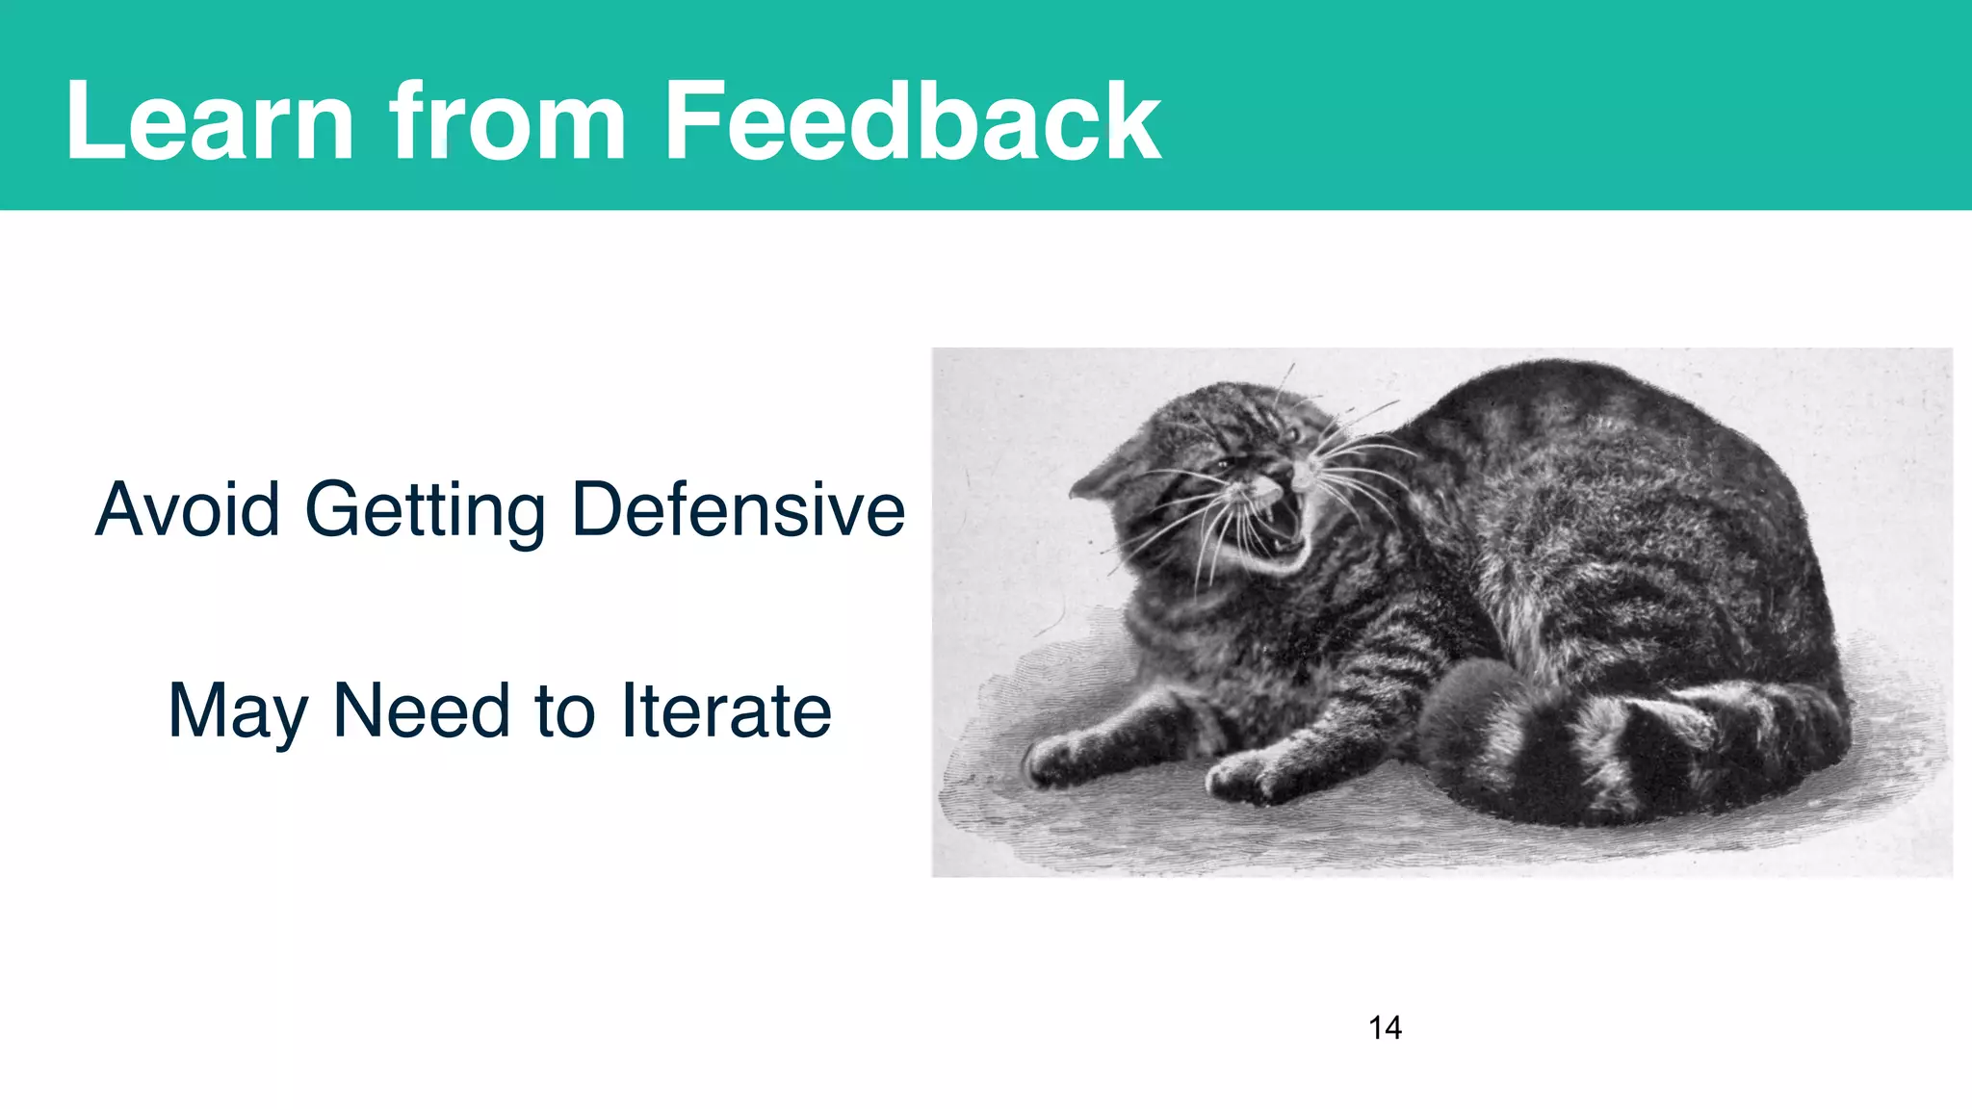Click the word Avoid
coord(188,509)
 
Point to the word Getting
coord(425,511)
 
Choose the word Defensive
coord(738,509)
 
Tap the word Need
coord(421,711)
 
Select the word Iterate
coord(726,711)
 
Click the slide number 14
coord(1385,1028)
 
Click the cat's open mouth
coord(1280,521)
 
